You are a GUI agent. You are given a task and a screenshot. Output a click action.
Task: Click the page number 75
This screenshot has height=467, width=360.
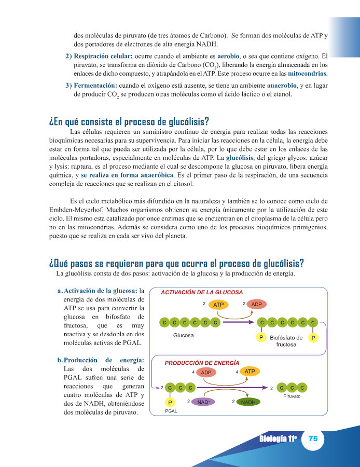coord(313,438)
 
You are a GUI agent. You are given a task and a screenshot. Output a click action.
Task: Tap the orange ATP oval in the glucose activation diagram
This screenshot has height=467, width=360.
coord(219,305)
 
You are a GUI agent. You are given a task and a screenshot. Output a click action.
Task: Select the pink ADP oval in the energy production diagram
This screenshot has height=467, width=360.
coord(206,373)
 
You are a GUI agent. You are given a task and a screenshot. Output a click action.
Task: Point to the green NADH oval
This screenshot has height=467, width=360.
coord(248,402)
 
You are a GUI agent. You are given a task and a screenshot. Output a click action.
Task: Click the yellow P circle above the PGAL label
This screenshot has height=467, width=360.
coord(170,402)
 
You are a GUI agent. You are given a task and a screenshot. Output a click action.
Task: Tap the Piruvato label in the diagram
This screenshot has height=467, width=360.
coord(292,396)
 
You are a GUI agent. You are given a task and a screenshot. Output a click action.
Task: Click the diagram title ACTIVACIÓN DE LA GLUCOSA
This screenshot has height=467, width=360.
coord(202,292)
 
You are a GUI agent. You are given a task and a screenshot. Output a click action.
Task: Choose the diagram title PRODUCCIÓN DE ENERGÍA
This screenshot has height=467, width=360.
coord(202,363)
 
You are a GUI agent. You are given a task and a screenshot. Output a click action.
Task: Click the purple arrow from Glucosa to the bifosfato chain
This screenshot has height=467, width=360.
coord(239,322)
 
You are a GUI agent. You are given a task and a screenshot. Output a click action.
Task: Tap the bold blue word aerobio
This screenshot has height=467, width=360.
coord(231,55)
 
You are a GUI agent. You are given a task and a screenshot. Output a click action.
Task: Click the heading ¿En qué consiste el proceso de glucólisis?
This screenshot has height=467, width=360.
coord(129,122)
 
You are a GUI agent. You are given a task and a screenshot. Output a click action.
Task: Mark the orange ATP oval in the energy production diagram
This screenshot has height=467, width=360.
coord(250,372)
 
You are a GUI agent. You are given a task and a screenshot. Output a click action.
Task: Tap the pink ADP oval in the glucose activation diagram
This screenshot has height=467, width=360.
coord(256,305)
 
